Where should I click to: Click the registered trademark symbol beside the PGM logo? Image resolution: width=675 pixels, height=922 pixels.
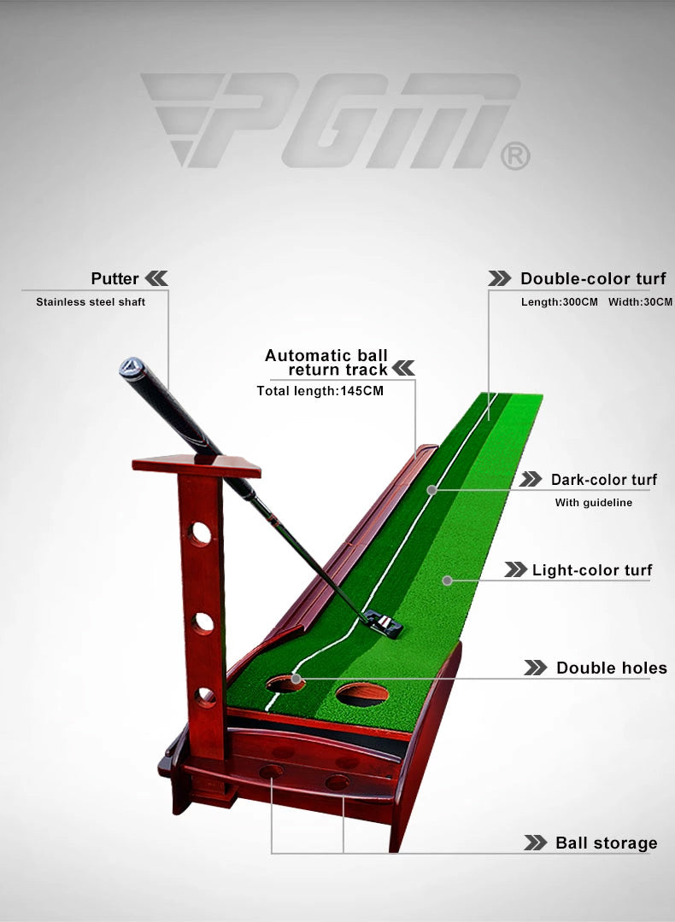(515, 157)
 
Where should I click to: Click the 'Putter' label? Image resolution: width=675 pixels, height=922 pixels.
(114, 278)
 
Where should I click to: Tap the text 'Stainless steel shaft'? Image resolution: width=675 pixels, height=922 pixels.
(91, 302)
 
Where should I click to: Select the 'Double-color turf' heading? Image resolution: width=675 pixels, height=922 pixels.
(593, 278)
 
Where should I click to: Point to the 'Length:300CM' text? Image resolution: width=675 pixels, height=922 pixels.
(559, 302)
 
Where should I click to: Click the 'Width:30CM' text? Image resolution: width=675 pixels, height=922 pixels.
(640, 302)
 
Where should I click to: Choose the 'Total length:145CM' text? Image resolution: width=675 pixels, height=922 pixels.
(320, 391)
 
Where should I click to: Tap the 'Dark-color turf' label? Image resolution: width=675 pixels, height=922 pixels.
(604, 480)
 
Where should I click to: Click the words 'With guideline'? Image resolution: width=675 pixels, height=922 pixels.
(593, 503)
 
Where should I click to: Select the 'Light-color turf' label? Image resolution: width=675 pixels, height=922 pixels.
(592, 570)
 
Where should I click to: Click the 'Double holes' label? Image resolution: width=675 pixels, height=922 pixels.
(612, 668)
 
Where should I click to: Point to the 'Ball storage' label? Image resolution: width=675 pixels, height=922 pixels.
(606, 843)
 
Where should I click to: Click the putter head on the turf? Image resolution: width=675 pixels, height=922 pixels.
(383, 624)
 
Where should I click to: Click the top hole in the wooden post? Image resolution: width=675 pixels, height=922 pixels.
(200, 534)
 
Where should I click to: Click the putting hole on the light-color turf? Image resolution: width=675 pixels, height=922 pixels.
(362, 694)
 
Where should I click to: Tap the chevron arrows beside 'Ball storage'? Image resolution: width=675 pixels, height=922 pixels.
(535, 843)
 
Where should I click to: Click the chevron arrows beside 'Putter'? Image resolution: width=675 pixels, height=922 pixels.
(156, 278)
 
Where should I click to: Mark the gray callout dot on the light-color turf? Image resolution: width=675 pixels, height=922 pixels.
(447, 581)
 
